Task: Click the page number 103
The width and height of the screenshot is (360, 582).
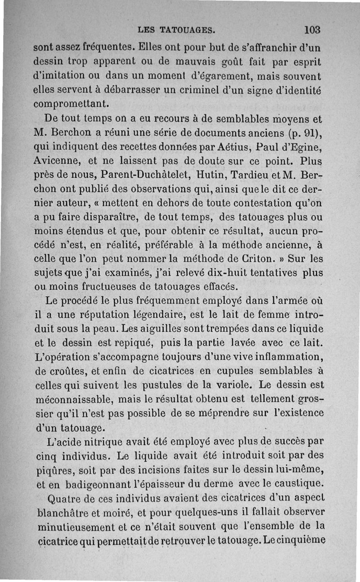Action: tap(311, 30)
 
